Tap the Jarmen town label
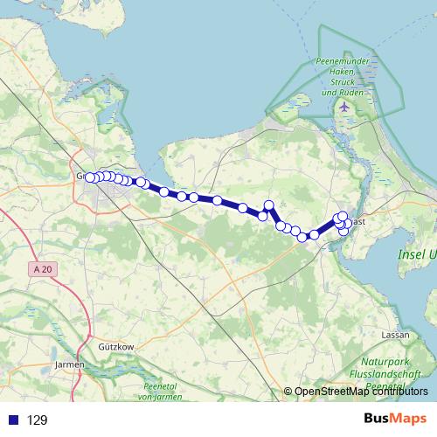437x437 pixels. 69,364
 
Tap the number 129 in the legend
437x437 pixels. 38,420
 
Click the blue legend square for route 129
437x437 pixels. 12,420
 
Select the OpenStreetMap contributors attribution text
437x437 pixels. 361,392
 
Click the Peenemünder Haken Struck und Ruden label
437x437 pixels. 343,77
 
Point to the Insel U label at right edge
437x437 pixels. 419,254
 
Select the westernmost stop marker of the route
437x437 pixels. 89,177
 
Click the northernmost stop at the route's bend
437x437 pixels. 269,205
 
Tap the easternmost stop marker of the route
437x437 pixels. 348,224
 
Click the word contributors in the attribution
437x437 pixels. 397,392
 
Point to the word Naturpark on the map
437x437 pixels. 385,360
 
